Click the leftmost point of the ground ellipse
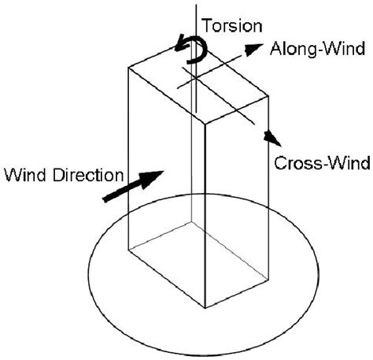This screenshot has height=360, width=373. [x=87, y=269]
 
